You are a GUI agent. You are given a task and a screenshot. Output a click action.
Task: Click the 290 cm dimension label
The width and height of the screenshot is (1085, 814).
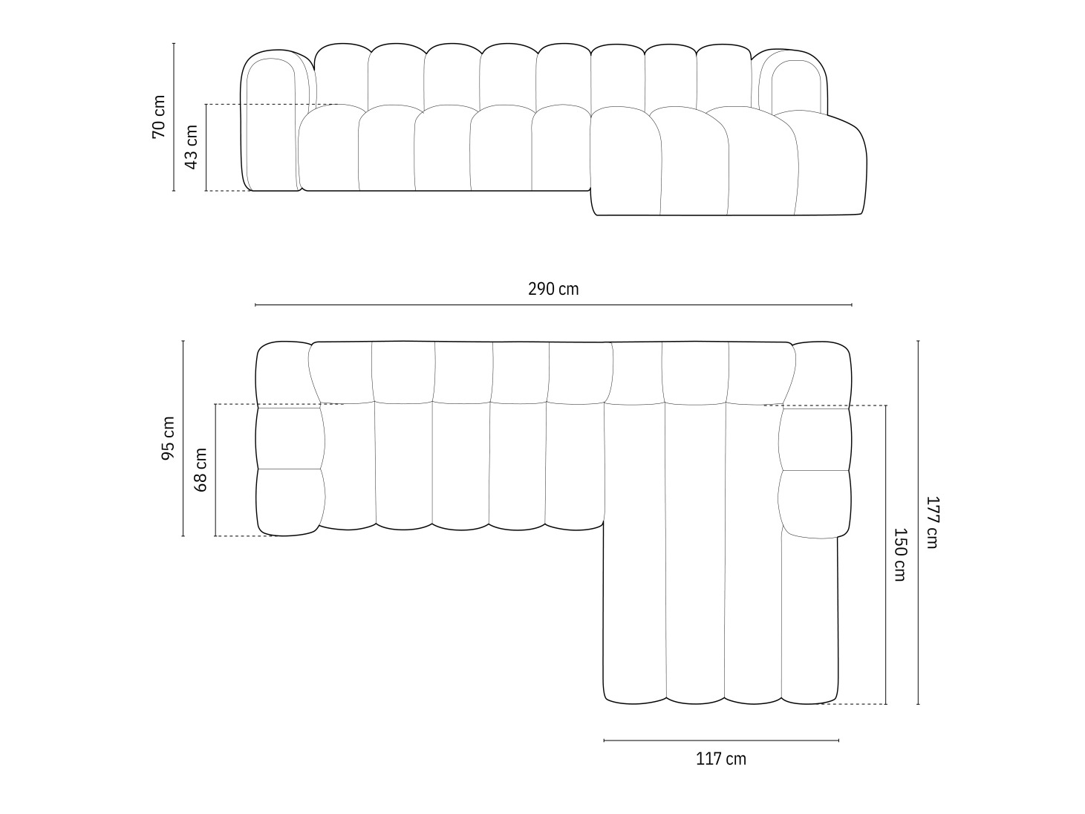[553, 289]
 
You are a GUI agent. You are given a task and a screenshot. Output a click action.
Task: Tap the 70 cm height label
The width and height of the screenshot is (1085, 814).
[159, 117]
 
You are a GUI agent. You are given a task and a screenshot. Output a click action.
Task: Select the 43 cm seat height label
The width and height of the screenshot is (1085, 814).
[192, 147]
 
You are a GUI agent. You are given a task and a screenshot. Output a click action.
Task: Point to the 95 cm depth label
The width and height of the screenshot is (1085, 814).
[169, 438]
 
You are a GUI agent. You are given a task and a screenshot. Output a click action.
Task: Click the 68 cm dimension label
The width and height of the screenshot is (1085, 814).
[201, 469]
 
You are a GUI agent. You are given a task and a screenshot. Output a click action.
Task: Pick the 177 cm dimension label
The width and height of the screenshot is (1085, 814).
[931, 522]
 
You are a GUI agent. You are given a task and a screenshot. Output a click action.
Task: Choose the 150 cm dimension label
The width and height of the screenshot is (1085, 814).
[899, 554]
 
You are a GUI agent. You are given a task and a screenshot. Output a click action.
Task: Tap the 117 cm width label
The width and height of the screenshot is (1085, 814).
[721, 759]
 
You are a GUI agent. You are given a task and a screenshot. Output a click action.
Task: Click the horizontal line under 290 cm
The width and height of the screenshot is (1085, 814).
[553, 305]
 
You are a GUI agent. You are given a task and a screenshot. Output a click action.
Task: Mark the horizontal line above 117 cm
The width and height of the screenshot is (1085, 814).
[721, 740]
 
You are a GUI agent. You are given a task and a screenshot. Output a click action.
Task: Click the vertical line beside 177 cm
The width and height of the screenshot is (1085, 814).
[918, 522]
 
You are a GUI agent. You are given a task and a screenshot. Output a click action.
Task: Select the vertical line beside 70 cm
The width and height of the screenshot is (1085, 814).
[174, 117]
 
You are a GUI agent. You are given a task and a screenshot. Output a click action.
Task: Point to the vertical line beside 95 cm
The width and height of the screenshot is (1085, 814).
[183, 438]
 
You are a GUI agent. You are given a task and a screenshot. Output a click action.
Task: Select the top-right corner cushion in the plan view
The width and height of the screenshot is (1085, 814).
[822, 374]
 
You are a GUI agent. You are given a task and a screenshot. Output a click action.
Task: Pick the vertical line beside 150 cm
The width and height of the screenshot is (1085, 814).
[886, 554]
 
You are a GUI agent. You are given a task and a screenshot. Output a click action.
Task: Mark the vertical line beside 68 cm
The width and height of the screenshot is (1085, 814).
[215, 469]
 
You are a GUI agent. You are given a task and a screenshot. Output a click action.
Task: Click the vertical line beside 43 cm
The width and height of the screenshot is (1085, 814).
[206, 147]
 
